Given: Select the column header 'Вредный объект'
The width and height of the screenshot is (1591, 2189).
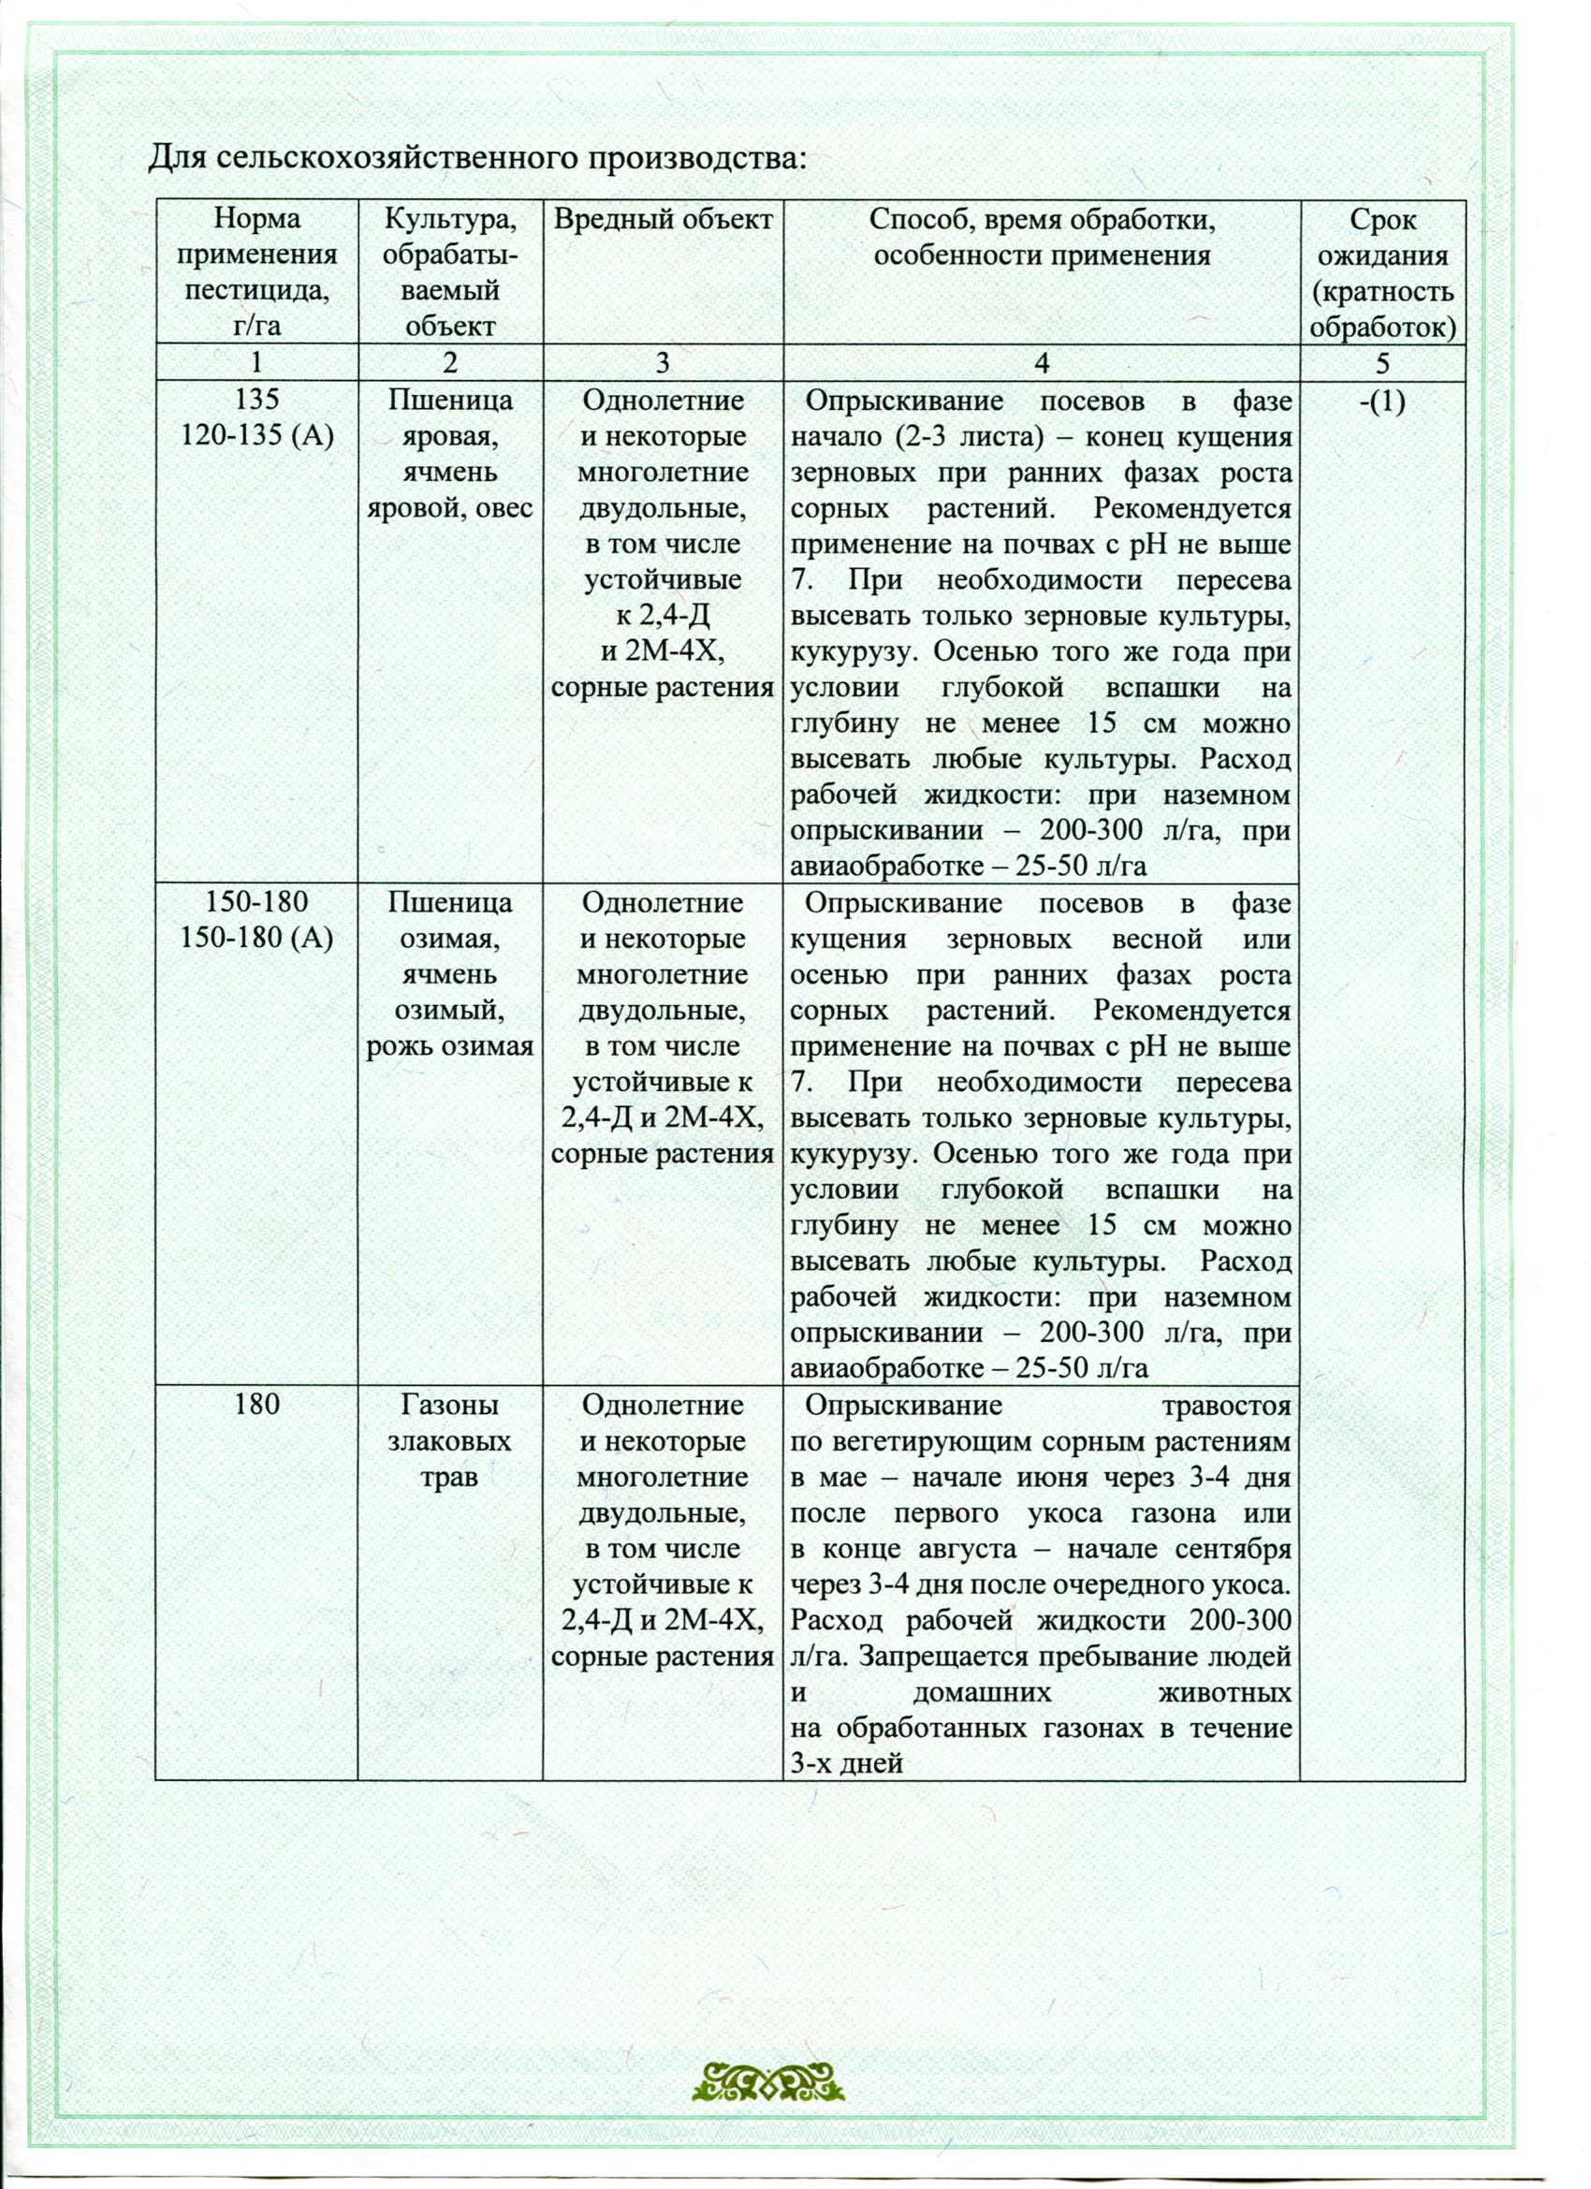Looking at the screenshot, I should [x=663, y=220].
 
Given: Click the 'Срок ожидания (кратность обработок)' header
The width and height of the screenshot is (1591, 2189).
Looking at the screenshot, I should [x=1382, y=273].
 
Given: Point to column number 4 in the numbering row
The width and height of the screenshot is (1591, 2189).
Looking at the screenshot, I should [x=1041, y=364].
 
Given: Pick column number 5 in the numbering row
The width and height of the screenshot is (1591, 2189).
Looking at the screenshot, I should [x=1382, y=364].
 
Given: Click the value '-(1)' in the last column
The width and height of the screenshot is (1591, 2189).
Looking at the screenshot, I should [x=1381, y=401].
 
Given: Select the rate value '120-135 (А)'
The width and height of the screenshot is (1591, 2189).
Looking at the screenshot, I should [x=256, y=436].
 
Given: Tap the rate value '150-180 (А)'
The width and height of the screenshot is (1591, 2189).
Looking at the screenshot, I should [x=256, y=938].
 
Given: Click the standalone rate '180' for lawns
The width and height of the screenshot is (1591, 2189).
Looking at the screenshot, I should [x=256, y=1406].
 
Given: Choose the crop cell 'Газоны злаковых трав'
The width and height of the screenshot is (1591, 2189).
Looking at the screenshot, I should [x=450, y=1441].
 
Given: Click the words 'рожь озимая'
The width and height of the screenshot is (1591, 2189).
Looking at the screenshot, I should [x=450, y=1046].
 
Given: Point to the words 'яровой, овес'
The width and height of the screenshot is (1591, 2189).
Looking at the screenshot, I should [x=450, y=507].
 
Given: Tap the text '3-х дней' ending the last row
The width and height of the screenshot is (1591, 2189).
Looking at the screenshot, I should [x=846, y=1763].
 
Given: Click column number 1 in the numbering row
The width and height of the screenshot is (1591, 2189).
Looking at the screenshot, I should [x=256, y=364].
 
